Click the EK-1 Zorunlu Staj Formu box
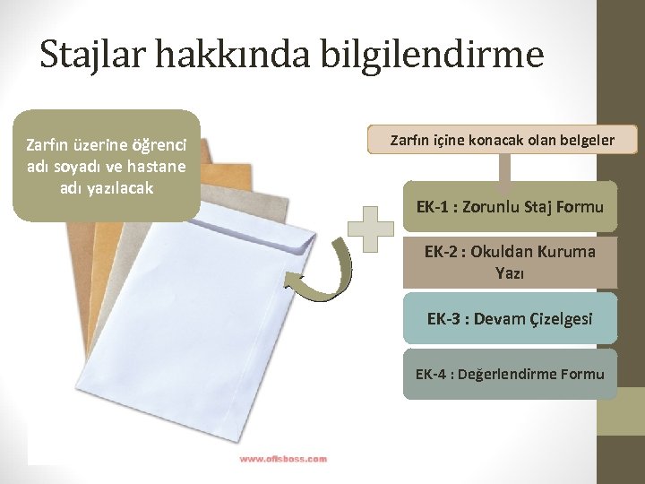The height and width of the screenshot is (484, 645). (x=510, y=208)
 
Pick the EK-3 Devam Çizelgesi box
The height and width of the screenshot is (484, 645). (x=510, y=318)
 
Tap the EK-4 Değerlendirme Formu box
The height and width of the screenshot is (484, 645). (x=510, y=374)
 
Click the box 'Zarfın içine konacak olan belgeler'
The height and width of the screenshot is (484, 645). (x=502, y=140)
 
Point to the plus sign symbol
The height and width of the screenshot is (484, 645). (x=370, y=228)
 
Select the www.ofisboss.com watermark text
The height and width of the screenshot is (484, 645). (x=282, y=458)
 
